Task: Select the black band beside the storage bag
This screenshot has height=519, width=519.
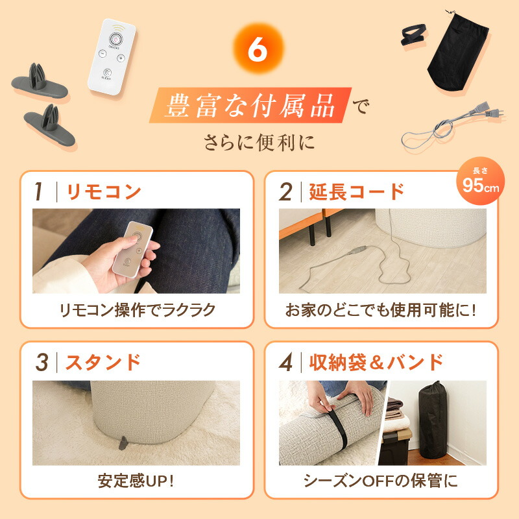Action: [413, 34]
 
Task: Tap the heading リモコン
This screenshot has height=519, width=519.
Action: [104, 191]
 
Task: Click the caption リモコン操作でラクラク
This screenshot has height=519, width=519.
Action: [136, 310]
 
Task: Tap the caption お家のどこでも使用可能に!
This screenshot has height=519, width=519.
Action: [381, 310]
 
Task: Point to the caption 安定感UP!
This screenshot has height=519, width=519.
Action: [136, 482]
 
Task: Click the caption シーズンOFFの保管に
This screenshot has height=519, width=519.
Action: [381, 482]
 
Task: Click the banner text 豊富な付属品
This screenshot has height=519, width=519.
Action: [250, 106]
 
